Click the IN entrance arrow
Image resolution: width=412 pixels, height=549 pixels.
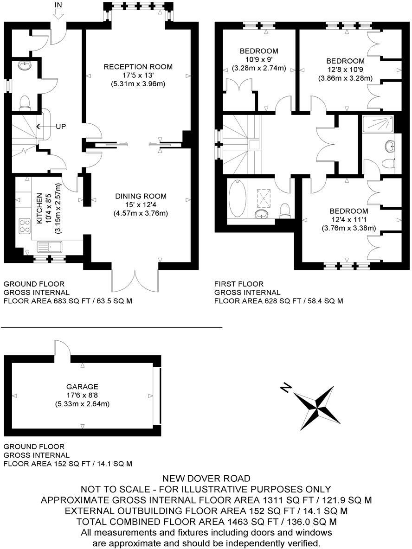[x=58, y=13]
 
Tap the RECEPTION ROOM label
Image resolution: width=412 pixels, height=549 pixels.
[x=138, y=67]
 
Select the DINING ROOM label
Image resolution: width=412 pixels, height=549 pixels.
[x=141, y=196]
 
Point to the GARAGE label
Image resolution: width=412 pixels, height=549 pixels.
[x=82, y=386]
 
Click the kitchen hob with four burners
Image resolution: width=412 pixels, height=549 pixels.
[x=24, y=227]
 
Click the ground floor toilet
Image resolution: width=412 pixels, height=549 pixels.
[x=25, y=102]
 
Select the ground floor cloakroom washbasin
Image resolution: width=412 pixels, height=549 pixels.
[x=23, y=66]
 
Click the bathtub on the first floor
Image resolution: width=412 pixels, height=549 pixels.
[x=238, y=200]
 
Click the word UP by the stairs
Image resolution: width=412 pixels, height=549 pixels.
[x=61, y=126]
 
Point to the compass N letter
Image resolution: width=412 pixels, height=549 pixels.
[x=286, y=388]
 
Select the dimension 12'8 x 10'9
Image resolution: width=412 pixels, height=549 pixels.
[x=345, y=70]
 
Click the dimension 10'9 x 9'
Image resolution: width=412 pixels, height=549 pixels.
[x=259, y=59]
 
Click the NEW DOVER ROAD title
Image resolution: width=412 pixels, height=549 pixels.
[x=206, y=478]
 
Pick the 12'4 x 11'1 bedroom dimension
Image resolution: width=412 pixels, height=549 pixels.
[x=348, y=219]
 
